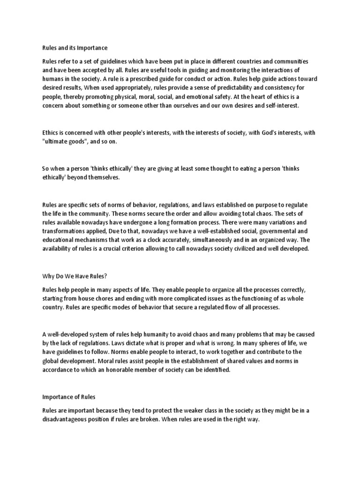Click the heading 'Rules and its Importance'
point(75,48)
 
